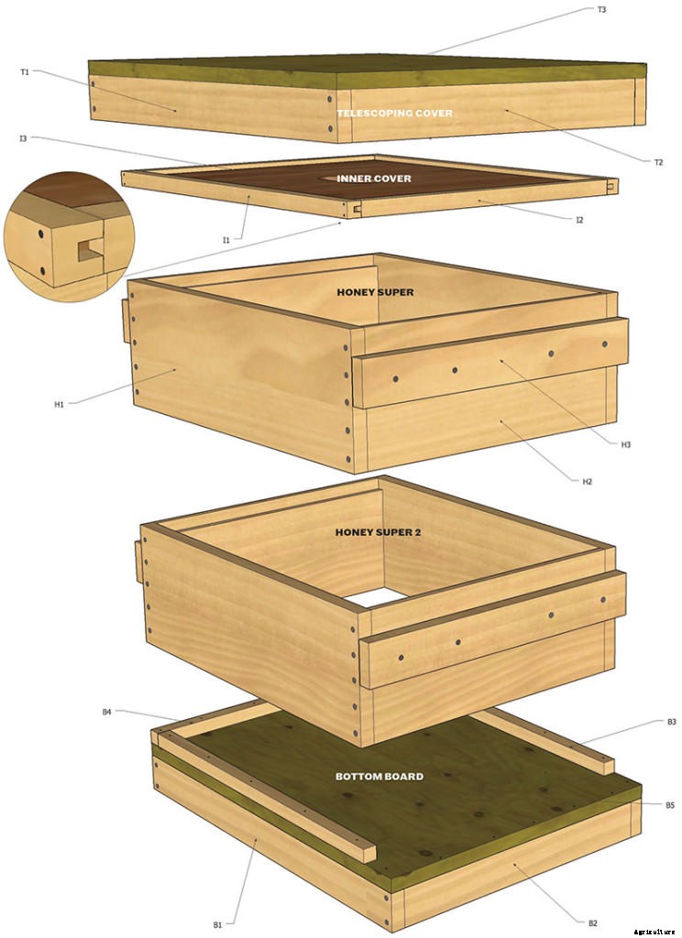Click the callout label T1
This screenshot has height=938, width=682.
pos(25,71)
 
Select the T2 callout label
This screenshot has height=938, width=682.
pos(658,162)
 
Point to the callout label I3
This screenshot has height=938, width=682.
pos(23,138)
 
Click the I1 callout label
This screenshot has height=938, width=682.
pos(225,240)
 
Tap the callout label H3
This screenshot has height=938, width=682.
pos(626,444)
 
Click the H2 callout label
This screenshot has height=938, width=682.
pos(587,481)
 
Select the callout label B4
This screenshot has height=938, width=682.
pos(107,711)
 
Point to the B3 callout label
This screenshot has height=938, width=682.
pos(671,722)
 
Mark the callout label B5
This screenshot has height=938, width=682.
pos(670,805)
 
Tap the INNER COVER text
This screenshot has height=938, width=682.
pos(374,179)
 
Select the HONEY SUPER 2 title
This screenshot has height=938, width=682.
pos(378,531)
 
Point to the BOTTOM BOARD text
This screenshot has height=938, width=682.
pos(379,777)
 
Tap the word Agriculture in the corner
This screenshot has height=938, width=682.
pos(654,932)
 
